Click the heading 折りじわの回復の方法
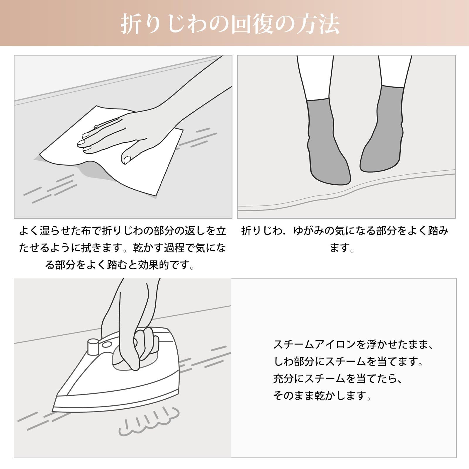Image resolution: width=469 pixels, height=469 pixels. [230, 24]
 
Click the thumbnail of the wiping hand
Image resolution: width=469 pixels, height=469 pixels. [127, 159]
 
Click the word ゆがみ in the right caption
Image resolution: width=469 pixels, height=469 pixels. [308, 231]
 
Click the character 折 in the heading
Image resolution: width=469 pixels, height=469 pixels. [132, 24]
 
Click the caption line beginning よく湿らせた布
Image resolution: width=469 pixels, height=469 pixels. [123, 231]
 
